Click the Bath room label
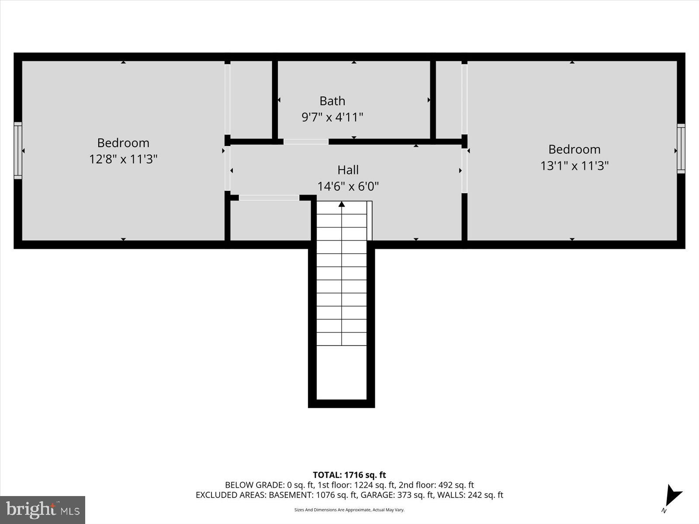[x=332, y=101]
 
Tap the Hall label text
[x=348, y=170]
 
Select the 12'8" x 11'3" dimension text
[x=123, y=159]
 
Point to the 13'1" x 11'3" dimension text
[x=574, y=166]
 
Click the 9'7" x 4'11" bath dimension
[x=332, y=117]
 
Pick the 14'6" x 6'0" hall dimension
[x=348, y=186]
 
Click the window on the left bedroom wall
[x=18, y=151]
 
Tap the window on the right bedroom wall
[x=681, y=148]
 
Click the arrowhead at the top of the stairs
[x=342, y=204]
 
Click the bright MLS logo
[x=42, y=510]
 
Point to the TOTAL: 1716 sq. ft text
[x=349, y=475]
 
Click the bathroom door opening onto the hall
[x=306, y=141]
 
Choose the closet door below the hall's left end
[x=269, y=198]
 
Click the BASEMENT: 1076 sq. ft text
[x=312, y=495]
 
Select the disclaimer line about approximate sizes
[x=349, y=510]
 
